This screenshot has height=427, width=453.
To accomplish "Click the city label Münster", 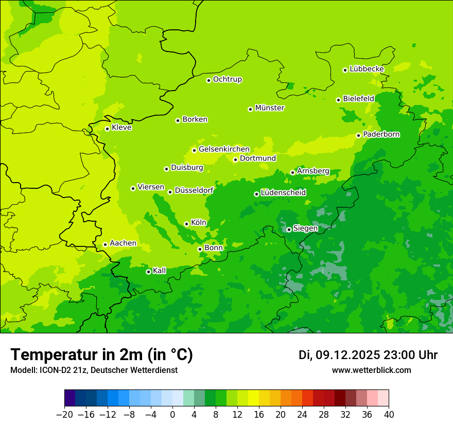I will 270,108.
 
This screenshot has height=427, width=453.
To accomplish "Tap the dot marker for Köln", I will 186,224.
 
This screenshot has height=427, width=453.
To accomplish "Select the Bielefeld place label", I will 358,98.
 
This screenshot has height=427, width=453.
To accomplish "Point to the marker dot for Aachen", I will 105,244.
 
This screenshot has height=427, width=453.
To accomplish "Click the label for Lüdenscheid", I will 283,193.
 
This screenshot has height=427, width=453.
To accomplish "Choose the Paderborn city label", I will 381,134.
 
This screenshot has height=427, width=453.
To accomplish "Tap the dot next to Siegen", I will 289,229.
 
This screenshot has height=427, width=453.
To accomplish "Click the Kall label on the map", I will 160,271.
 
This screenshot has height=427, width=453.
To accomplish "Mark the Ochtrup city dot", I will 208,80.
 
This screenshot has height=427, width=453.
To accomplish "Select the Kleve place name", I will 121,128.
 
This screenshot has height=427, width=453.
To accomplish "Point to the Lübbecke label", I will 367,69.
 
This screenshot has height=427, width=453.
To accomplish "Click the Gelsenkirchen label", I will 224,149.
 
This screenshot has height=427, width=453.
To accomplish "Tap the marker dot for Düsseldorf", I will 170,192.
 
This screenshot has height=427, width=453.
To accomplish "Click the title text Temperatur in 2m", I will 101,354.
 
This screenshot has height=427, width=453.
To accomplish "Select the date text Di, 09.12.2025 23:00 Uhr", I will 368,355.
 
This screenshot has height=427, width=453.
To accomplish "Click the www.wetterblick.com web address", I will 371,370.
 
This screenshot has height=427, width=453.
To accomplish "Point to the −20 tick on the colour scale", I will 64,415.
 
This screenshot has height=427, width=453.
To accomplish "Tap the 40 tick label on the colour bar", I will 389,415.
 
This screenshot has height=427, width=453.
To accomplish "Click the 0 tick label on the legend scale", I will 172,415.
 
